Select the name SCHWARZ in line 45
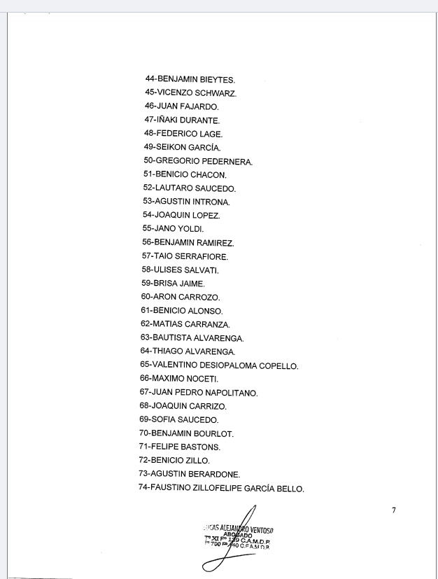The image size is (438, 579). (x=213, y=93)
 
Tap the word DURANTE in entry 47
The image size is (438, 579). (x=201, y=120)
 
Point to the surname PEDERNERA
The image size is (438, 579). (x=227, y=162)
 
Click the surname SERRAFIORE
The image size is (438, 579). (x=203, y=256)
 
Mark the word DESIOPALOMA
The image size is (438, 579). (x=228, y=365)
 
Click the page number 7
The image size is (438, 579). (x=394, y=510)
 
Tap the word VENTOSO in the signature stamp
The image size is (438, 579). (x=258, y=529)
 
